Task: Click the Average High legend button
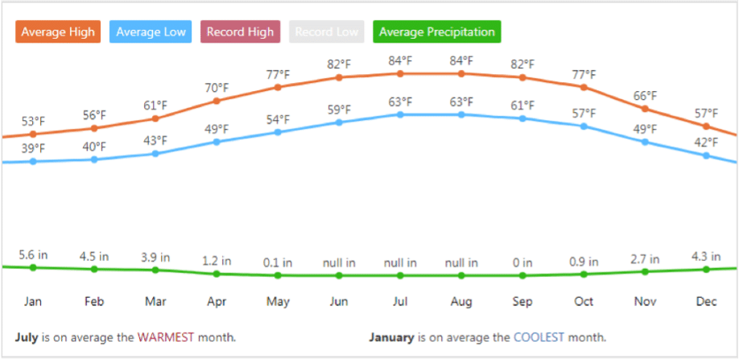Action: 56,32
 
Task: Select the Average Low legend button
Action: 151,32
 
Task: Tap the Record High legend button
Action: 240,32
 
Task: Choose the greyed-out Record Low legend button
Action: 326,32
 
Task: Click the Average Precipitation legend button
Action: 436,32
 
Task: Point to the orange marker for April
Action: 217,101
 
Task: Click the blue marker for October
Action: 584,126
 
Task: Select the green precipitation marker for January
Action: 33,267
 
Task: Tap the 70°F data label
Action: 217,88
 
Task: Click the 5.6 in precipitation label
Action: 33,255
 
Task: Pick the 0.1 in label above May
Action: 278,263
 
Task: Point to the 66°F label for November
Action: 645,96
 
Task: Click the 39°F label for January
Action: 33,149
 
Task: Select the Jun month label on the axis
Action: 339,302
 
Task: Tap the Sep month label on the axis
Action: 522,302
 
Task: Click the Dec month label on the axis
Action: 706,302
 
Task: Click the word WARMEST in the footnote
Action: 166,337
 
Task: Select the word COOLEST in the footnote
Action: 539,337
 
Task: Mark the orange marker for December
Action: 706,126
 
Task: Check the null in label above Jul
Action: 400,263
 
